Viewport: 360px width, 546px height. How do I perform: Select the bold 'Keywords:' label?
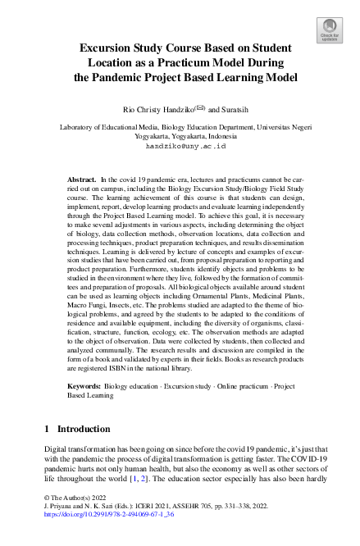pyautogui.click(x=86, y=383)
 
